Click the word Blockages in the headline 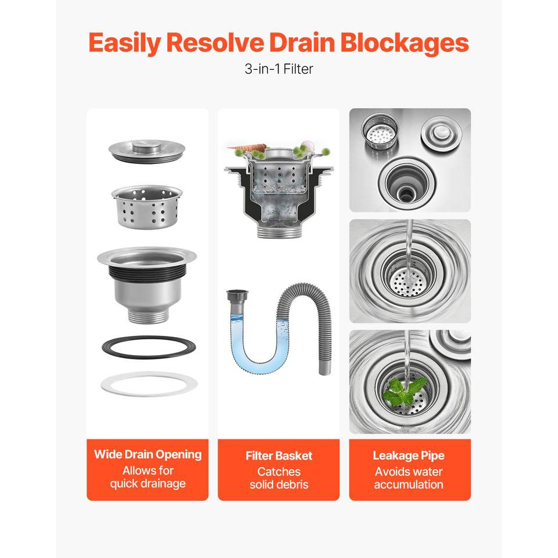tap(405, 42)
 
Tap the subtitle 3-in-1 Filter tap(278, 69)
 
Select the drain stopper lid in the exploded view tap(147, 151)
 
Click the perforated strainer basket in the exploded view tap(147, 206)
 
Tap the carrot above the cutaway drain tap(247, 146)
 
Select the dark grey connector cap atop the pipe tap(238, 296)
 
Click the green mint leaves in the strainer tap(405, 391)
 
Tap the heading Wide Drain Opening tap(148, 455)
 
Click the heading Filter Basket tap(279, 456)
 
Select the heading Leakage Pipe tap(409, 456)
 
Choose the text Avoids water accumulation tap(409, 478)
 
